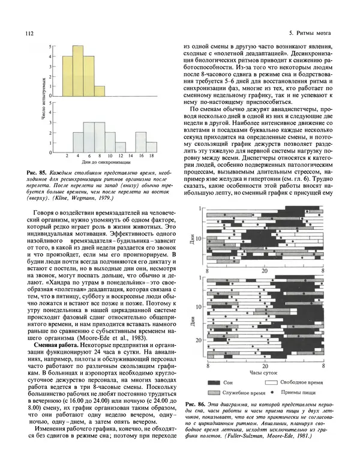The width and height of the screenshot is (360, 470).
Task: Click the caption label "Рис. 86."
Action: [199, 402]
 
